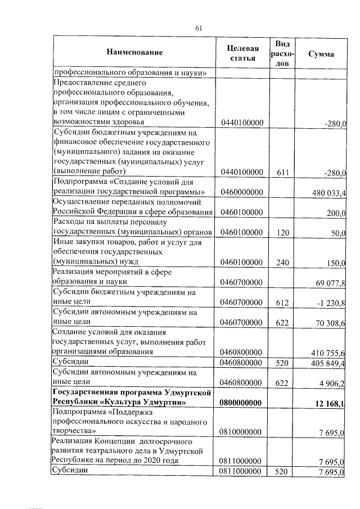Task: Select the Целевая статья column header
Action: [x=242, y=52]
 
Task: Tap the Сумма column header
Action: [x=321, y=54]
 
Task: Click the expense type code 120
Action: [x=283, y=231]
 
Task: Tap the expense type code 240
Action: [x=283, y=262]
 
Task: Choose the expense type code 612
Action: [x=283, y=303]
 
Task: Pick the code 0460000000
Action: [x=242, y=192]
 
